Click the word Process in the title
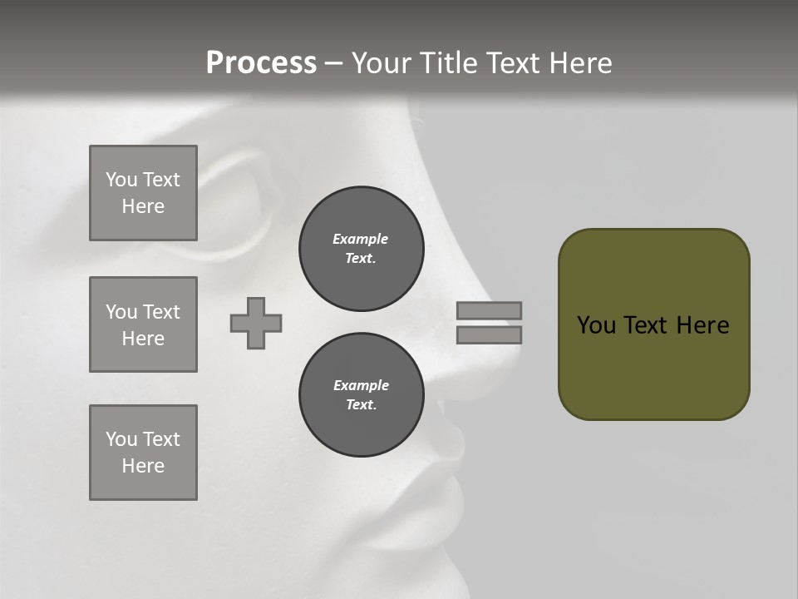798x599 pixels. [x=261, y=63]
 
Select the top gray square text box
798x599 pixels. [x=143, y=193]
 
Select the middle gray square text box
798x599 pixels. [x=143, y=324]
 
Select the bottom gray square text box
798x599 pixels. [x=143, y=453]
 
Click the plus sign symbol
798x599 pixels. [x=256, y=323]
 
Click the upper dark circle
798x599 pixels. [x=362, y=249]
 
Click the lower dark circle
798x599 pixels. [x=362, y=395]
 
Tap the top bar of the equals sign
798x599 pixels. [x=489, y=310]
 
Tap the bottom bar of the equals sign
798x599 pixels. [x=489, y=334]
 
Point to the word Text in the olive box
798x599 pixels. [x=648, y=325]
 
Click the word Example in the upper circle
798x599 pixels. [x=360, y=239]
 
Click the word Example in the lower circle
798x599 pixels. [x=361, y=385]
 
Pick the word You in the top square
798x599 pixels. [x=121, y=180]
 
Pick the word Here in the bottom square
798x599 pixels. [x=143, y=466]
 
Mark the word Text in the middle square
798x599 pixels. [x=161, y=312]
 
